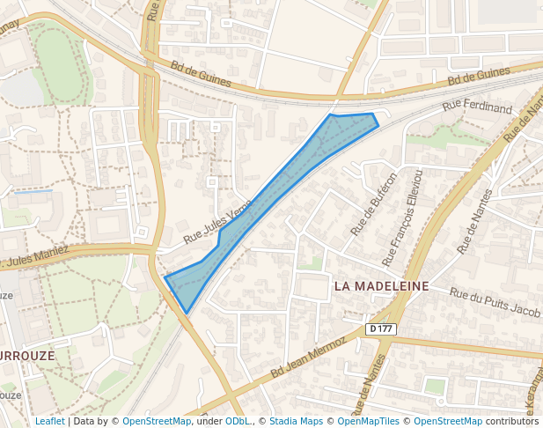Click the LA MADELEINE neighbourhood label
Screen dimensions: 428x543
[x=381, y=286]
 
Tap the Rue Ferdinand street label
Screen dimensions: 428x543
[x=477, y=107]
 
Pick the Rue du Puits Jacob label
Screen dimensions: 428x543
[x=494, y=303]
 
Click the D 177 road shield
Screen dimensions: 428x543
[x=381, y=328]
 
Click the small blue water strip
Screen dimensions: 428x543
[x=33, y=191]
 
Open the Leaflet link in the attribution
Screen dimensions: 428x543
[x=49, y=421]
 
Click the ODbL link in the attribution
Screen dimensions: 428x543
[x=238, y=421]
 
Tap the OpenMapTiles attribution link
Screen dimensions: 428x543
[x=368, y=421]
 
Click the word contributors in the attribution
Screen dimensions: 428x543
[x=511, y=421]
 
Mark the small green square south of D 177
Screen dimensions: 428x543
[x=435, y=385]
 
